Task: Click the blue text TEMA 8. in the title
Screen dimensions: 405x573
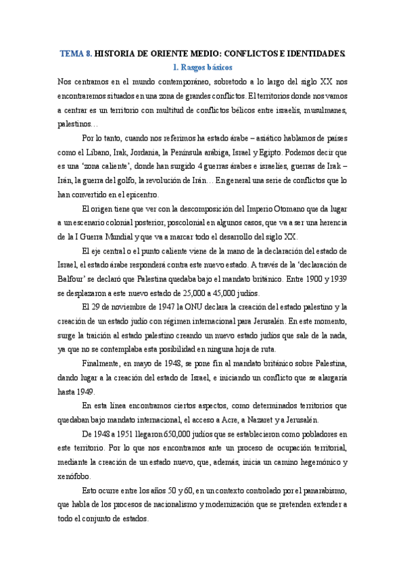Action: coord(76,52)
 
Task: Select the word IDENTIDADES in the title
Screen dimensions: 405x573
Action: coord(313,52)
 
